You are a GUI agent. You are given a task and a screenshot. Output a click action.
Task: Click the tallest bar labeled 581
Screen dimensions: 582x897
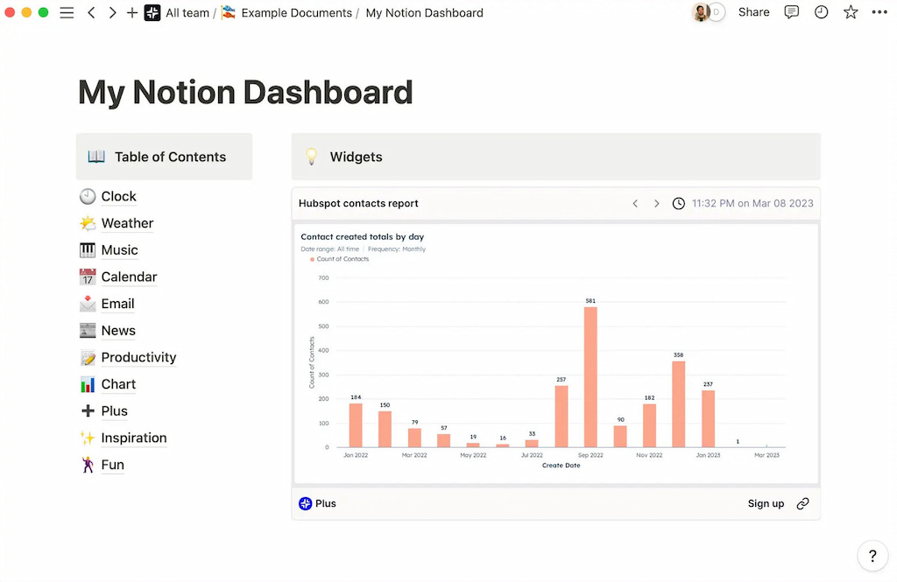click(x=590, y=376)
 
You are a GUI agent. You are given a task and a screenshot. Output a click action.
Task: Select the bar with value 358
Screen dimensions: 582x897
click(x=679, y=403)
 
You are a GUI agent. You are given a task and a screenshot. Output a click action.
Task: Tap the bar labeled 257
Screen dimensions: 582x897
click(x=562, y=416)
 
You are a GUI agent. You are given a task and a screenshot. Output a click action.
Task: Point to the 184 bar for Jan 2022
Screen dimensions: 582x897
click(x=356, y=424)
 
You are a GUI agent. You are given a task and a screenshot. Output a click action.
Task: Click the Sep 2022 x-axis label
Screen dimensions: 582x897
click(x=590, y=455)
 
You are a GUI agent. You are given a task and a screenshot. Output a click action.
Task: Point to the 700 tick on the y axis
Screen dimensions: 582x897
click(x=323, y=278)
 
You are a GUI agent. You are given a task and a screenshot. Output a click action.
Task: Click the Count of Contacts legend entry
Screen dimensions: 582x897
click(x=343, y=259)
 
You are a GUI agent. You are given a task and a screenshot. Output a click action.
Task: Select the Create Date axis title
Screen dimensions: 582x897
click(x=561, y=466)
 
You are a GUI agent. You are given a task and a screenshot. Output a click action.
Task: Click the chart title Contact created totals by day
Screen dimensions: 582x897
click(x=362, y=236)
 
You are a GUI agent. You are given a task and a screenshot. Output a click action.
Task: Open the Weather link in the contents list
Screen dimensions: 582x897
click(x=127, y=223)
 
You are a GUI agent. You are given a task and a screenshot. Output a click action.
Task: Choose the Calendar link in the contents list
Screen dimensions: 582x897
click(x=129, y=277)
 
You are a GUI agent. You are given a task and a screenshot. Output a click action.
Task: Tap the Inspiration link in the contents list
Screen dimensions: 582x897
click(x=133, y=438)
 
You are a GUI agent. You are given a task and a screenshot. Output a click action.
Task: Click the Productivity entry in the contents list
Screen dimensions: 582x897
click(x=138, y=357)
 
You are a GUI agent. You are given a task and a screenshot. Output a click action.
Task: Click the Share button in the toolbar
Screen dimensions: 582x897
click(x=753, y=12)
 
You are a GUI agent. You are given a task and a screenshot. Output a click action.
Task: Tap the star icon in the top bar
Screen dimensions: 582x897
click(x=851, y=12)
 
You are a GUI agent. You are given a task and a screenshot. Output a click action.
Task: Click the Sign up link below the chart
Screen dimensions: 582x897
click(x=766, y=503)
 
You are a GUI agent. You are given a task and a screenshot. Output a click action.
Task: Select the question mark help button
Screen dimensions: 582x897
click(x=872, y=556)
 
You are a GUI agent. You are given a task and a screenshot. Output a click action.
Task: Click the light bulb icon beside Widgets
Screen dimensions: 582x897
click(x=311, y=157)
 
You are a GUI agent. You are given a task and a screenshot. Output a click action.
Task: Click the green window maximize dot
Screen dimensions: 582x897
click(x=43, y=12)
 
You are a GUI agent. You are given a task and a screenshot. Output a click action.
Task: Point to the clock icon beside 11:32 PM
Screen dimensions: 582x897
click(x=679, y=203)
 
